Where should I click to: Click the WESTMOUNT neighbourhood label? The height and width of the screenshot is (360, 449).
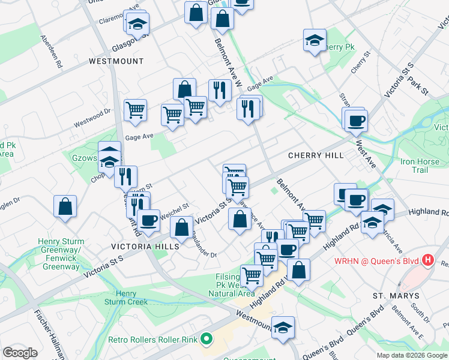116,61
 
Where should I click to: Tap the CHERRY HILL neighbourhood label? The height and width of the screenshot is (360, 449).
316,155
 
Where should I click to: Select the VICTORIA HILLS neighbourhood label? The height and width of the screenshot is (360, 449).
145,247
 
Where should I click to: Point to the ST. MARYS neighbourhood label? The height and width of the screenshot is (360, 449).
391,296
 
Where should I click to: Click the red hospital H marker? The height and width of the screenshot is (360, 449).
427,260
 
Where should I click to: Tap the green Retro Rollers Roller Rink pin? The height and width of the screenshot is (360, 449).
207,340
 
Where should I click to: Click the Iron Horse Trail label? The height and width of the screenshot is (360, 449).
423,166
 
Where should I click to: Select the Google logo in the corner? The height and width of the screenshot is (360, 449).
20,353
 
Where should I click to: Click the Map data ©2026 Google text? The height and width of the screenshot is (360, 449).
412,355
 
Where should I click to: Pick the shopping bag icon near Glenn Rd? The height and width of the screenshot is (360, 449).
65,206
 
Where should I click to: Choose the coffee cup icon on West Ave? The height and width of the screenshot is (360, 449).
355,120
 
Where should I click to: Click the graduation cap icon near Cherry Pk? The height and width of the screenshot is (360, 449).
315,41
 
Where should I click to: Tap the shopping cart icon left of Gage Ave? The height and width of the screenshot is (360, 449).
136,110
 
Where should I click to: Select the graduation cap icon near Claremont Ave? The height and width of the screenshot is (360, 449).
137,24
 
